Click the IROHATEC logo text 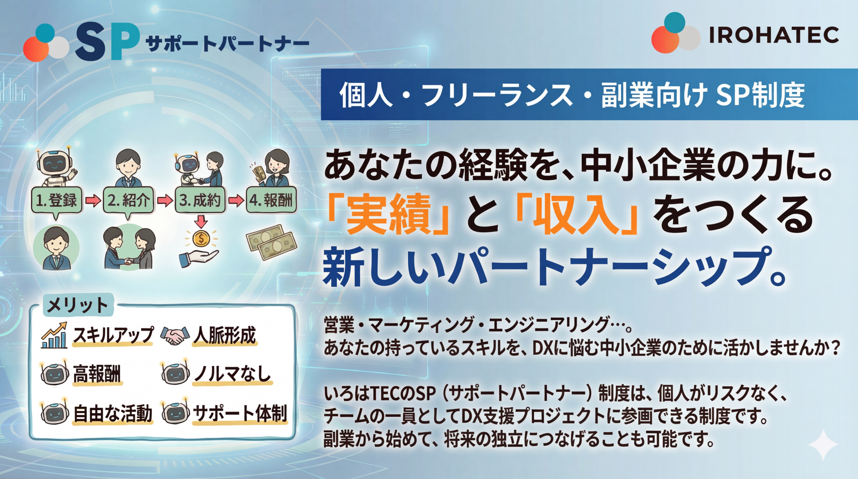pyautogui.click(x=774, y=35)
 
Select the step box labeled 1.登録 pyautogui.click(x=57, y=200)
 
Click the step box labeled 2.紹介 pyautogui.click(x=129, y=200)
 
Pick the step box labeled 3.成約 pyautogui.click(x=200, y=200)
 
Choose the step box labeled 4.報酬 pyautogui.click(x=271, y=200)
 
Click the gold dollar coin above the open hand pyautogui.click(x=201, y=239)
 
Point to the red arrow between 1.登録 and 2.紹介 pyautogui.click(x=93, y=200)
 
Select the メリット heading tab pyautogui.click(x=78, y=305)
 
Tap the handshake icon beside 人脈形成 pyautogui.click(x=175, y=336)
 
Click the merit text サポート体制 pyautogui.click(x=240, y=413)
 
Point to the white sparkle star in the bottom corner pyautogui.click(x=823, y=444)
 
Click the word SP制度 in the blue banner pyautogui.click(x=761, y=95)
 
